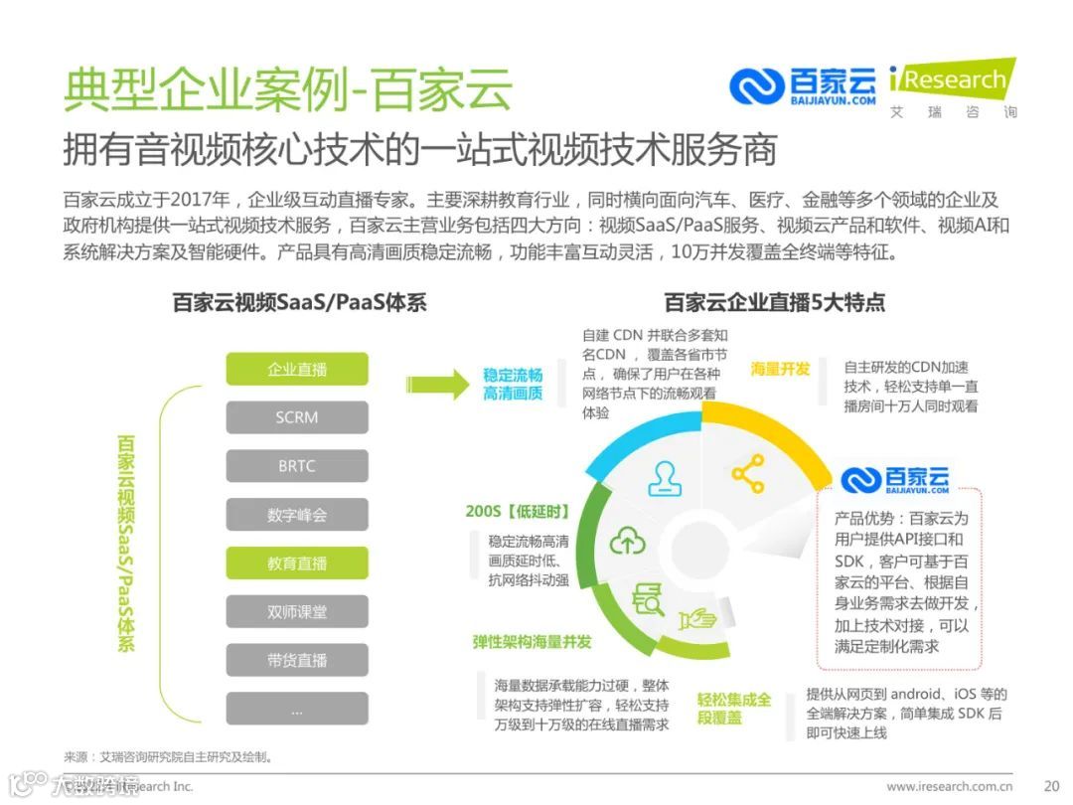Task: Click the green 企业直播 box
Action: [297, 370]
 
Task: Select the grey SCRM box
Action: [297, 417]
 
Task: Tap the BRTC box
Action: [297, 466]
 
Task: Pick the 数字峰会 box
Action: [297, 515]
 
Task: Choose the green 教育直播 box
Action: [297, 563]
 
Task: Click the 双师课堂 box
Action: [297, 612]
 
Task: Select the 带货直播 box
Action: [297, 660]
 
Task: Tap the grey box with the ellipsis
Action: [297, 709]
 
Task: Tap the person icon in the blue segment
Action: [665, 477]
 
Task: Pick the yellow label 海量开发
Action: [780, 369]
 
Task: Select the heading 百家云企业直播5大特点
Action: [774, 302]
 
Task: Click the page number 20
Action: [1051, 785]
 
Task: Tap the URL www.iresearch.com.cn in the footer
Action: [949, 786]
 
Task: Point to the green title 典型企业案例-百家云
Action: [288, 89]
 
